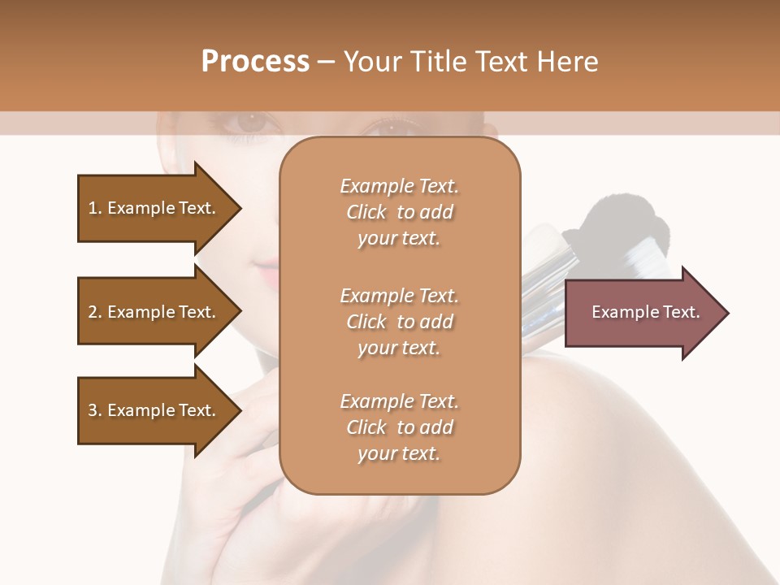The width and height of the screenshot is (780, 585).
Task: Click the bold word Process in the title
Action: (255, 61)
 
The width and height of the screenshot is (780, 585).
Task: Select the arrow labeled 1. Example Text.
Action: (154, 208)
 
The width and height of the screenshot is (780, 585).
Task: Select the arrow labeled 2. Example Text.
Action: (154, 312)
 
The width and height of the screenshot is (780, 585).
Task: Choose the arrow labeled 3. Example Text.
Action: (154, 410)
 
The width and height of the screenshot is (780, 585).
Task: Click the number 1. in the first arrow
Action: (95, 208)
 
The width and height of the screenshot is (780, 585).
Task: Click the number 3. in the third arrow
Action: (95, 410)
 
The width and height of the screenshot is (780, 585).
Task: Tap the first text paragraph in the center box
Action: (399, 212)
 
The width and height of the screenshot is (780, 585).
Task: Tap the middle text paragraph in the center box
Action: (399, 321)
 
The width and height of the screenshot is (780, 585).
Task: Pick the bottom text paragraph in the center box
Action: (399, 427)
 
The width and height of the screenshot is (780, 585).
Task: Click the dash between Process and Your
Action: (327, 62)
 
